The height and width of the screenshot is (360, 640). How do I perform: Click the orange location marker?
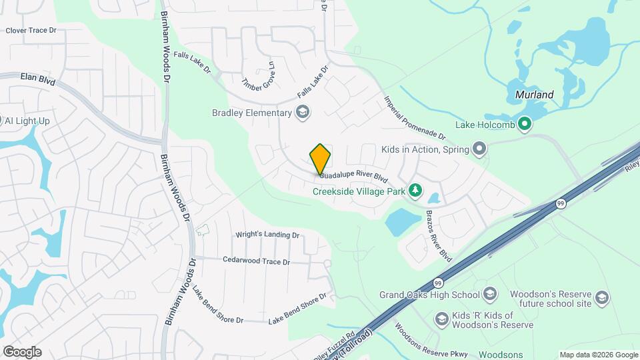pos(321,159)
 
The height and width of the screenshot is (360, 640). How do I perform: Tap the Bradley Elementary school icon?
pos(303,112)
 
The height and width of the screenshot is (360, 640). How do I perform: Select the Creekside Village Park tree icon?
pos(415,191)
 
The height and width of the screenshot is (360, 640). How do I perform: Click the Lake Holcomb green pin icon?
pos(525,123)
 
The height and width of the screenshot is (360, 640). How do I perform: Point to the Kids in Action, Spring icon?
pos(479,149)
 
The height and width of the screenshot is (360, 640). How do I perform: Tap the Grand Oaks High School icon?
pos(490,294)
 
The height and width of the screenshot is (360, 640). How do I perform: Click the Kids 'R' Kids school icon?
pos(441,319)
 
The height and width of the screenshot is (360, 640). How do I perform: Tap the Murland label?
pos(535,95)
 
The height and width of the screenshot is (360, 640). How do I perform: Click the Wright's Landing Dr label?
pos(268,235)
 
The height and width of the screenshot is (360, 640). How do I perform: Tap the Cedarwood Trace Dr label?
pos(256,261)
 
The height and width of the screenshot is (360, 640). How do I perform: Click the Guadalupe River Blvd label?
pos(353,177)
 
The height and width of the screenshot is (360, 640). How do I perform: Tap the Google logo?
pos(22,352)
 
